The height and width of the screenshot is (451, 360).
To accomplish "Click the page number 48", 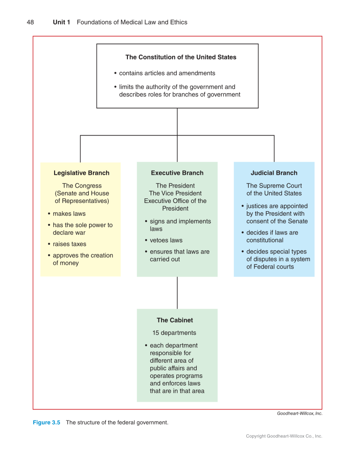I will click(30, 22).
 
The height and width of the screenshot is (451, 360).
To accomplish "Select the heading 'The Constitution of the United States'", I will click(181, 57).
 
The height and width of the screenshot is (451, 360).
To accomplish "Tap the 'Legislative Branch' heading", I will click(81, 173).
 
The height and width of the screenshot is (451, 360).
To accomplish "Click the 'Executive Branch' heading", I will click(177, 173).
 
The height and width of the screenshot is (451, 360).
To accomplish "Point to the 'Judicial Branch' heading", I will click(274, 173).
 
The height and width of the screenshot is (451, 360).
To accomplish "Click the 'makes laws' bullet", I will click(69, 214).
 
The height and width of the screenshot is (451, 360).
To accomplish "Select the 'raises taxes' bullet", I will click(69, 244).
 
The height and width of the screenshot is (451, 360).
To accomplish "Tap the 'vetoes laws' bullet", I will click(166, 240).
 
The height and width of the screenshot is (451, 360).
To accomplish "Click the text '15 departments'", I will click(174, 333).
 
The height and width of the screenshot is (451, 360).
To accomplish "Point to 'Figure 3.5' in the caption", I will click(46, 422).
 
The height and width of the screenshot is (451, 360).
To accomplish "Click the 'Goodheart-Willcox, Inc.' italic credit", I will click(299, 413).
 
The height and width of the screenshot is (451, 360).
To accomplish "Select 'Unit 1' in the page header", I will click(61, 22).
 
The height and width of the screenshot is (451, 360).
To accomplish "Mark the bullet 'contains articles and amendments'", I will click(167, 73).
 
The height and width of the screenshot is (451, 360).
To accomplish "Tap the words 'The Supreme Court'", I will click(274, 186).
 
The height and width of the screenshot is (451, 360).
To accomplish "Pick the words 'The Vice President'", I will click(175, 193).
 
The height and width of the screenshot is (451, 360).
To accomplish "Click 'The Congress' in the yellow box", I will click(82, 186).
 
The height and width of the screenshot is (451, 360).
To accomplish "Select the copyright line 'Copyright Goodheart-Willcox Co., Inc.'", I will click(284, 436).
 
